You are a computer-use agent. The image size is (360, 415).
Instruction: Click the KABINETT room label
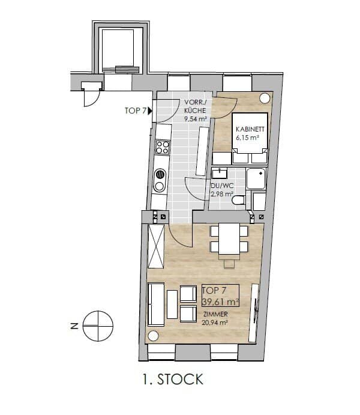[x=250, y=129]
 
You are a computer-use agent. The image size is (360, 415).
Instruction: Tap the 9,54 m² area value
[x=196, y=119]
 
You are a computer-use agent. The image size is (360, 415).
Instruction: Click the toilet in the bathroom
[x=238, y=200]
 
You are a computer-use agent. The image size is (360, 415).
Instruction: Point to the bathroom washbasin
[x=220, y=173]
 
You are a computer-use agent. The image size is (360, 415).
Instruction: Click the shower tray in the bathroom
[x=256, y=178]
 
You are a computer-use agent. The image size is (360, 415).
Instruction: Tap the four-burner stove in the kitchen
[x=163, y=147]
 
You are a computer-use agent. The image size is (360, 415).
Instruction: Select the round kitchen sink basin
[x=160, y=174]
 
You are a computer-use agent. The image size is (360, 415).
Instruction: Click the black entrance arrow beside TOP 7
[x=151, y=111]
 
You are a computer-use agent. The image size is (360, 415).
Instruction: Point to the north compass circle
[x=98, y=326]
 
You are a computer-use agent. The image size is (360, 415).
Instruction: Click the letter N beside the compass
[x=75, y=326]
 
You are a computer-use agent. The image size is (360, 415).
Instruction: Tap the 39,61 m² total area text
[x=221, y=301]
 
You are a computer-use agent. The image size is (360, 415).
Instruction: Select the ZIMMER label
[x=215, y=314]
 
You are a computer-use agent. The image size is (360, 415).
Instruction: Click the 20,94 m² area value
[x=215, y=323]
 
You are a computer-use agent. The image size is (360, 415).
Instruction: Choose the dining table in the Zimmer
[x=229, y=239]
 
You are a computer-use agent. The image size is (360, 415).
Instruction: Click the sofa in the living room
[x=156, y=304]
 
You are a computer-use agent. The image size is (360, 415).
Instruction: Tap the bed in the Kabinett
[x=250, y=138]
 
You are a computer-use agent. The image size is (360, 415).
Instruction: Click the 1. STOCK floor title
[x=173, y=380]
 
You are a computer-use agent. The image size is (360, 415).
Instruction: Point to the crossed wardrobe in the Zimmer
[x=156, y=246]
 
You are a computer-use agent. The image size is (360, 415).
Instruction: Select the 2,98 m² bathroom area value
[x=222, y=194]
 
